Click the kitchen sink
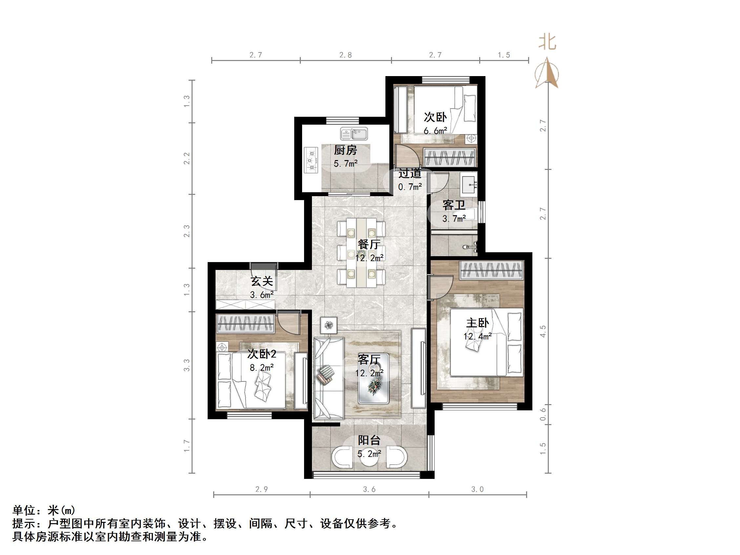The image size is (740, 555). [354, 134]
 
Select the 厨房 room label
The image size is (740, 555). [345, 150]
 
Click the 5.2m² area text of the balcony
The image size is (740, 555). [369, 454]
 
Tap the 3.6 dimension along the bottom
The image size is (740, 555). [369, 489]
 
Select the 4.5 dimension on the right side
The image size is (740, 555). [543, 331]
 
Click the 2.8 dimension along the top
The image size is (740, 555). [346, 55]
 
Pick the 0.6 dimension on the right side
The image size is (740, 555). [543, 415]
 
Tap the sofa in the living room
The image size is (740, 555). [329, 378]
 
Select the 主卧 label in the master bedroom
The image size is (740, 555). [477, 323]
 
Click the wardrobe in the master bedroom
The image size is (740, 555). [491, 270]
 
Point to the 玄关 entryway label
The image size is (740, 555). [262, 281]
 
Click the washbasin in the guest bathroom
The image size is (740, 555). [469, 184]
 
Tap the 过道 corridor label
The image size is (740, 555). [410, 173]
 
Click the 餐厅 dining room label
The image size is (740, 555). [369, 244]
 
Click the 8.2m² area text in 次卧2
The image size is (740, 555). [262, 368]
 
